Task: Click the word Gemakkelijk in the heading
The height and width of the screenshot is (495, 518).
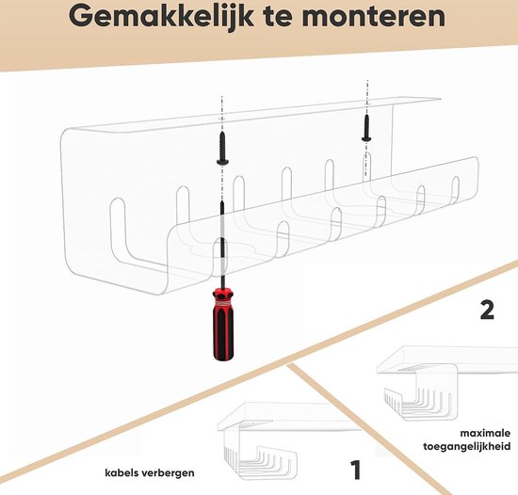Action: [162, 17]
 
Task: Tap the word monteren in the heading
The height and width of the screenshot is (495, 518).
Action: [373, 17]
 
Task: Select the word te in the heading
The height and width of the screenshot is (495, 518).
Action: [278, 17]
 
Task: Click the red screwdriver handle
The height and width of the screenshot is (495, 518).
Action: [223, 324]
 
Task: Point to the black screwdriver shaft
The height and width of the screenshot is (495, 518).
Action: [222, 244]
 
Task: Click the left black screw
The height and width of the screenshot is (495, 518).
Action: [222, 148]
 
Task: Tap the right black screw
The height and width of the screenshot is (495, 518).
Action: [366, 127]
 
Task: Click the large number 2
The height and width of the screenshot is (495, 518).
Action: [487, 310]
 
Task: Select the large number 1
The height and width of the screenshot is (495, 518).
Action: [356, 471]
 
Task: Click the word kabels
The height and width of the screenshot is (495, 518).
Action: [121, 472]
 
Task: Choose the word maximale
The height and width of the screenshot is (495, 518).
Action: [485, 433]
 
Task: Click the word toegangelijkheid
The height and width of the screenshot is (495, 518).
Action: [467, 447]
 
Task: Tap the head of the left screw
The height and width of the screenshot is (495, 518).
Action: [222, 161]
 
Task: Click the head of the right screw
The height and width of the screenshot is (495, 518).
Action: [366, 138]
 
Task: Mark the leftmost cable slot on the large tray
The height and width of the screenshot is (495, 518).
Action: [119, 231]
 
